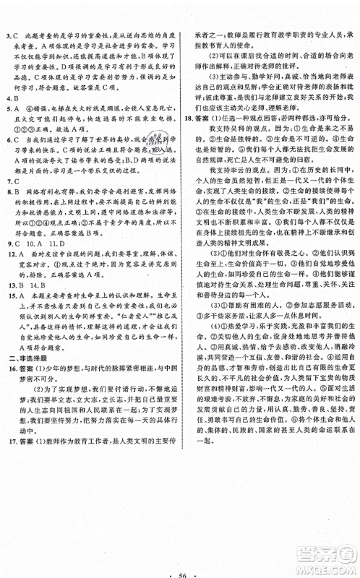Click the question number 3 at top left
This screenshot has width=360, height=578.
coord(7,35)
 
